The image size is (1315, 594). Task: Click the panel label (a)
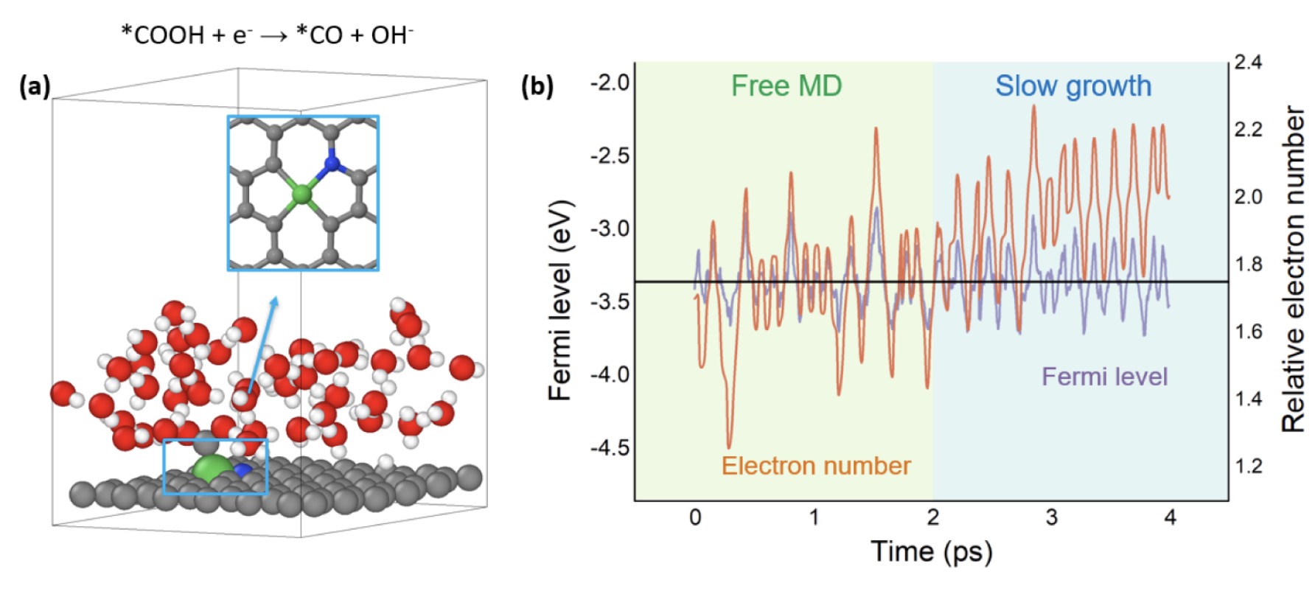click(35, 87)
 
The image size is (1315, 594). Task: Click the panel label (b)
click(537, 86)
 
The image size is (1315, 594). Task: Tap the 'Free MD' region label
click(786, 86)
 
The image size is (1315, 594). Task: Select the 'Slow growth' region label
click(1072, 86)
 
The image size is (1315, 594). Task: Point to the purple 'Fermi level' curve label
click(1104, 377)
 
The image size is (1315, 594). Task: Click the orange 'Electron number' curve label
click(815, 466)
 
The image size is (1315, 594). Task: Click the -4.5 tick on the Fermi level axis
click(610, 448)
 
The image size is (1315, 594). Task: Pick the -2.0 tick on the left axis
click(610, 83)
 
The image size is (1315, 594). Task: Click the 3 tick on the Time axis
click(1051, 517)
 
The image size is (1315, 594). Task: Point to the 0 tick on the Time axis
click(695, 517)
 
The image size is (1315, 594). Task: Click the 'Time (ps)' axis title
click(932, 552)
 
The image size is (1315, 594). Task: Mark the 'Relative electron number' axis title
click(1294, 269)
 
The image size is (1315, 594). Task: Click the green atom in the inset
click(301, 195)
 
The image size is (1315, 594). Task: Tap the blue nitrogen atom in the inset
click(332, 162)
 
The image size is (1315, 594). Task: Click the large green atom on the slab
click(212, 469)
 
